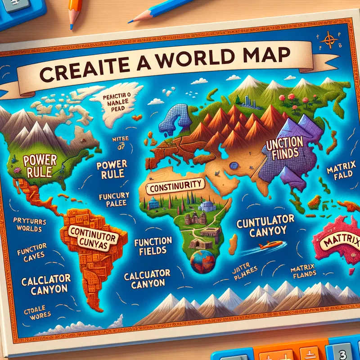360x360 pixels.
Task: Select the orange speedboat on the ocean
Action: coord(270,244)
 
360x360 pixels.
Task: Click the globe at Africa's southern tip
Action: coord(202,261)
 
